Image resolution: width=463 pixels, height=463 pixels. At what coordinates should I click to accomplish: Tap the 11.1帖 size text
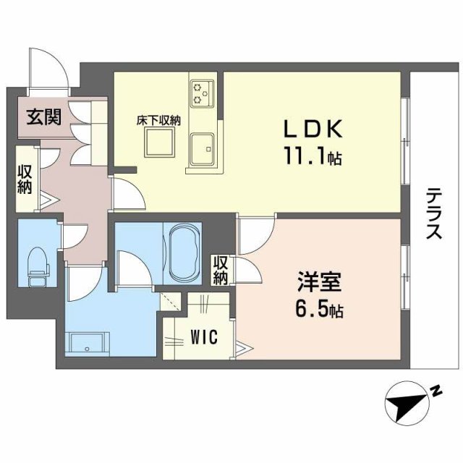312,156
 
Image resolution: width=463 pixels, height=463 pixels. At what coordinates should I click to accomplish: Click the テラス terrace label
433,213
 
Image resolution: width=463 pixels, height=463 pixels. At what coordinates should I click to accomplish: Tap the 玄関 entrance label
43,116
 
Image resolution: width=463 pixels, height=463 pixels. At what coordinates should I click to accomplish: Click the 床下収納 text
158,121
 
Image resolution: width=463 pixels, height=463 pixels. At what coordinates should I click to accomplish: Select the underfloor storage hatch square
159,146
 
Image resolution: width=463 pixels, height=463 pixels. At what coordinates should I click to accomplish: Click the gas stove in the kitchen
200,92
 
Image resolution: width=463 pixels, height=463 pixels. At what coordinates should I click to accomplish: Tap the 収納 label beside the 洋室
221,270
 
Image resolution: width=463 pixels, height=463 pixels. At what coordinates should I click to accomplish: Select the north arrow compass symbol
406,403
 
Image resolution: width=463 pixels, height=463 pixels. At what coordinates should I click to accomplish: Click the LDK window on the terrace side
405,137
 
